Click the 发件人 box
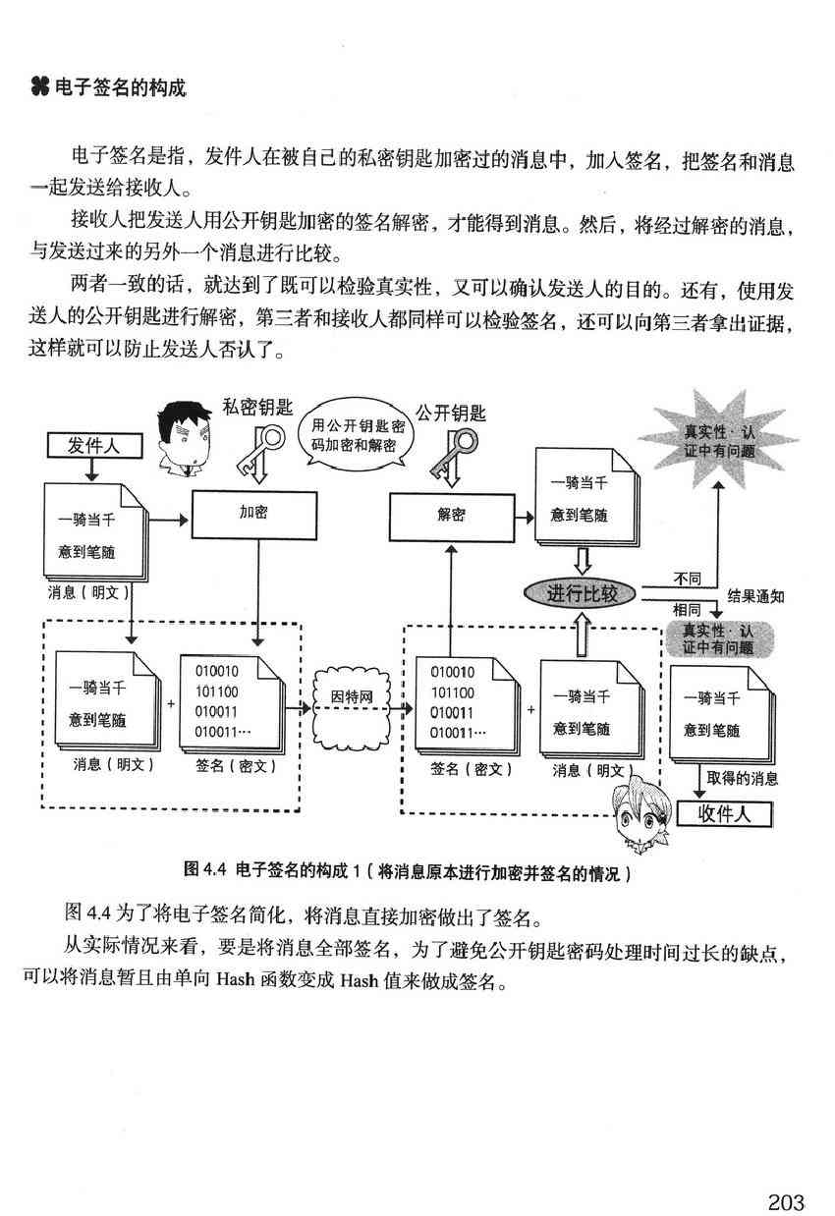(93, 446)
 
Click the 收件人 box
(723, 814)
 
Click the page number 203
(786, 1175)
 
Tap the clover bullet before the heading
(39, 88)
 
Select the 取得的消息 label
(743, 778)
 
